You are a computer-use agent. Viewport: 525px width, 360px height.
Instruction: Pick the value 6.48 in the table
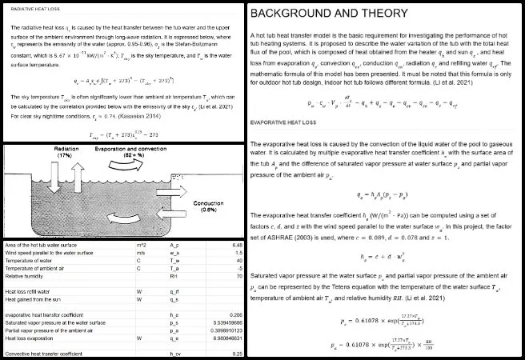point(234,243)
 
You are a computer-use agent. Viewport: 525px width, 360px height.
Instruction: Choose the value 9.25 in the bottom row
point(234,352)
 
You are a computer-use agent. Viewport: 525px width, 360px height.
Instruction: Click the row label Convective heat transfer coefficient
point(49,352)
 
